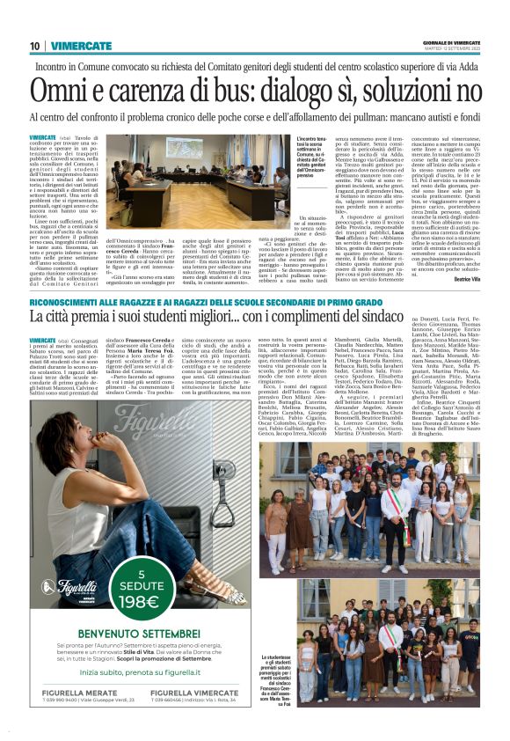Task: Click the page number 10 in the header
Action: click(35, 46)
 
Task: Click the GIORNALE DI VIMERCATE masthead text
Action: click(450, 43)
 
